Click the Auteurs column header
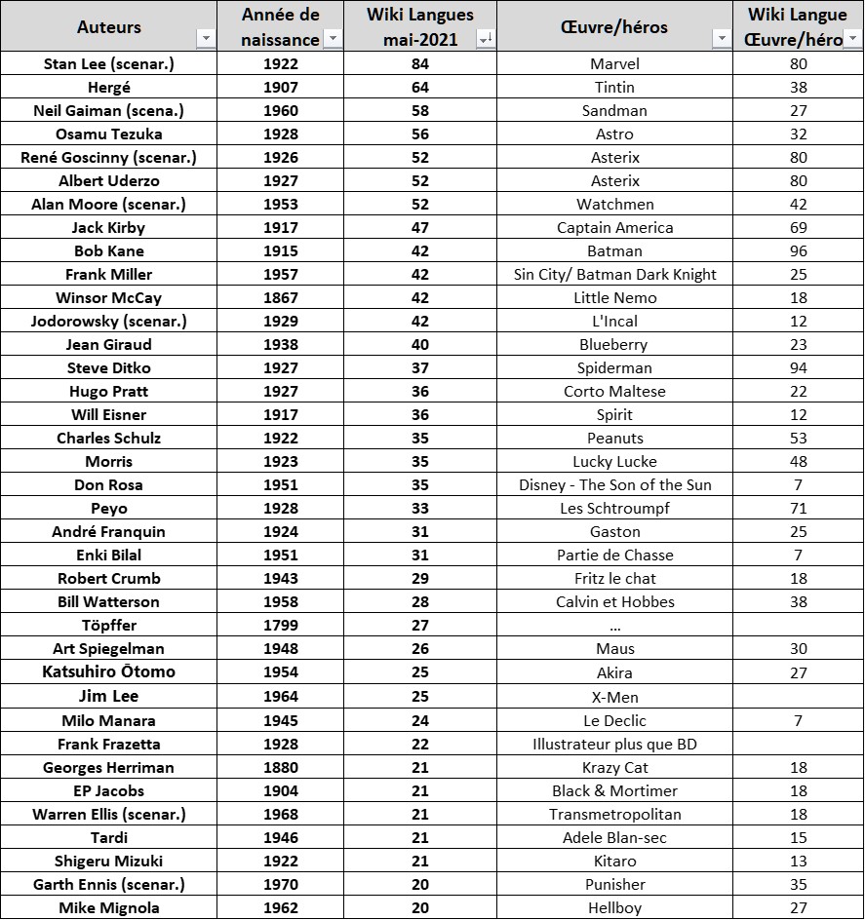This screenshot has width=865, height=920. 108,26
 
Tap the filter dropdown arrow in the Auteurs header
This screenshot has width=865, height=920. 206,39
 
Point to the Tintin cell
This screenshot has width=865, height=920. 614,87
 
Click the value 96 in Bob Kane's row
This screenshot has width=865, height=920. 799,250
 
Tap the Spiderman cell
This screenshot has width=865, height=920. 614,367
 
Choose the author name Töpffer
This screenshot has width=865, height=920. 109,625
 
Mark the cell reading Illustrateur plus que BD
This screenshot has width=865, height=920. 614,744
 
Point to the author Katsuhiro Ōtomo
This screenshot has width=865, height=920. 109,671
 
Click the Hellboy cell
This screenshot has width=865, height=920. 614,907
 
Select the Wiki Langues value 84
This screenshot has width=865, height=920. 420,63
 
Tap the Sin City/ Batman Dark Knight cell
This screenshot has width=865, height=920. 614,274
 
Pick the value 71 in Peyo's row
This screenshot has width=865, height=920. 799,508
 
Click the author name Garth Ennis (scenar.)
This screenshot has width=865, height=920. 109,884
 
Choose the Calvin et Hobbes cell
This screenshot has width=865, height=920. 614,601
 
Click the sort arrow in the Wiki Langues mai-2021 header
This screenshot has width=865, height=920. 485,39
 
